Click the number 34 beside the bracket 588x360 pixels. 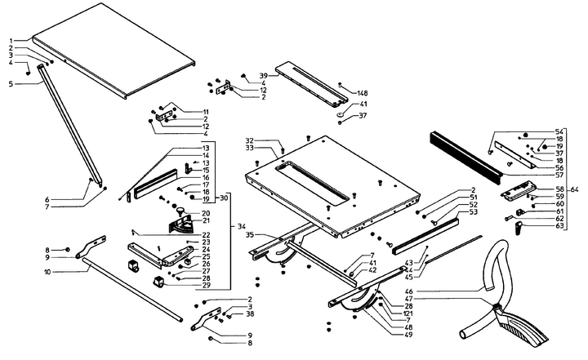[239, 226]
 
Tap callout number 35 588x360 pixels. [248, 235]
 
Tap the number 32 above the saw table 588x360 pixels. [250, 140]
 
